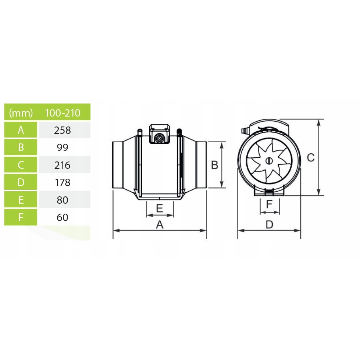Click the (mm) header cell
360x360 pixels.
coord(21,113)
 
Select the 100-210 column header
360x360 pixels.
coord(63,113)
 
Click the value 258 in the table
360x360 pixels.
coord(63,130)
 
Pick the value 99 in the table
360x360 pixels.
coord(63,147)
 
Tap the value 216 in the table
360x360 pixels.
coord(63,165)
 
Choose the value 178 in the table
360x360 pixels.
coord(63,182)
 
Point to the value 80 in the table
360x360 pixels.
coord(63,200)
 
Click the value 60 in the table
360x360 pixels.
coord(63,217)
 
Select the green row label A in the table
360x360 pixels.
coord(21,130)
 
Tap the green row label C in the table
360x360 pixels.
coord(21,165)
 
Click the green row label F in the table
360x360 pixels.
coord(21,217)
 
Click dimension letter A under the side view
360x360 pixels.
coord(159,224)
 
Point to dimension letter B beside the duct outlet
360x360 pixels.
coord(215,165)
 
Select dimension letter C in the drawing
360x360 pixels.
coord(311,157)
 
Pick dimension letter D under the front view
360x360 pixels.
coord(270,224)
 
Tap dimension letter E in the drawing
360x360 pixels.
coord(159,208)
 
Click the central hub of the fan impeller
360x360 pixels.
coord(268,161)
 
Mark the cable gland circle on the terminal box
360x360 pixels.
coord(159,139)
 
